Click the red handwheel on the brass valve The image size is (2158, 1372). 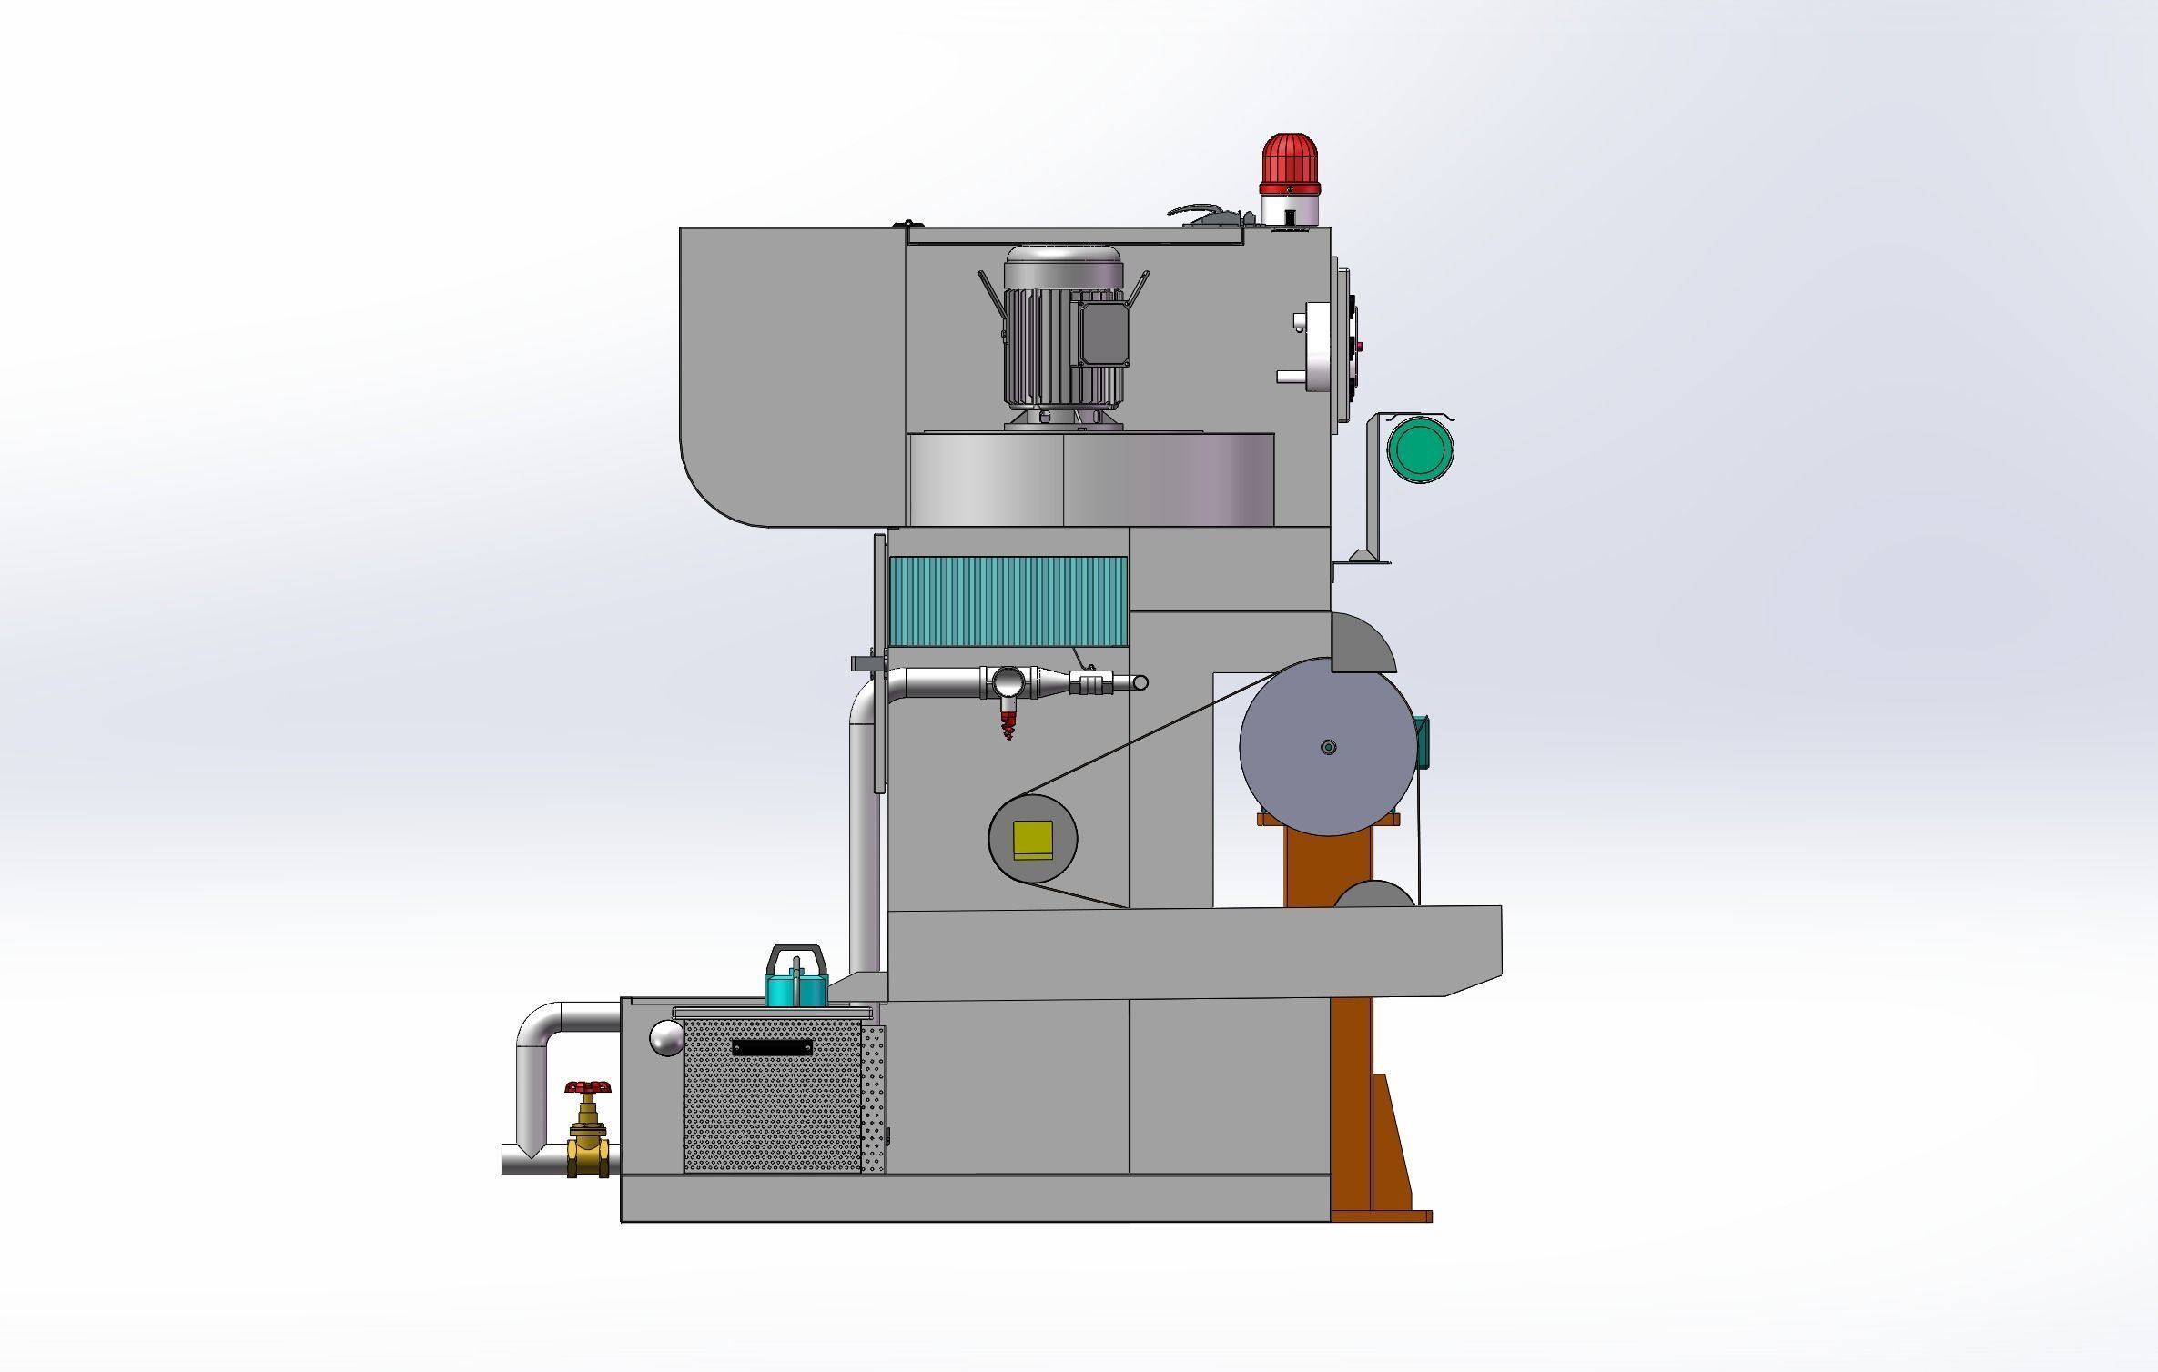(x=588, y=1087)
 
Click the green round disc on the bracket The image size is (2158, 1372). (x=1419, y=449)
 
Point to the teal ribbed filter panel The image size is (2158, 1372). (x=1008, y=602)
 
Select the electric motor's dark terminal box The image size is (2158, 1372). (x=1104, y=333)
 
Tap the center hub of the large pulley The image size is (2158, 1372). (x=1328, y=747)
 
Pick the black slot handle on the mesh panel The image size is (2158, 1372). (x=772, y=1047)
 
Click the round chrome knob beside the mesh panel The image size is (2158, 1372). (x=666, y=1037)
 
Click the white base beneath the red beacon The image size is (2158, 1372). (x=1290, y=210)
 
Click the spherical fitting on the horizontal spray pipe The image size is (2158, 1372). (x=1008, y=681)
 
